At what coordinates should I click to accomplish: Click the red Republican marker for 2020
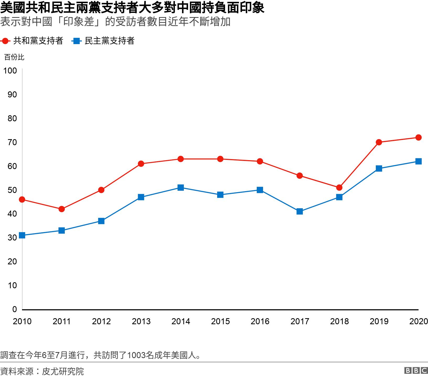coord(418,138)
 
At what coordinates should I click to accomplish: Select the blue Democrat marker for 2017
coord(299,211)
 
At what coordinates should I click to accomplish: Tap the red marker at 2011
coord(62,209)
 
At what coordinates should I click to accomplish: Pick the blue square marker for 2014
coord(180,187)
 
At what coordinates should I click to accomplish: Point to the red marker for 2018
coord(339,187)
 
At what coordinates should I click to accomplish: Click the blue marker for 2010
coord(22,235)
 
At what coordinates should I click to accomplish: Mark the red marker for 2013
coord(141,164)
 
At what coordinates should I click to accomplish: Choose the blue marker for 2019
coord(379,169)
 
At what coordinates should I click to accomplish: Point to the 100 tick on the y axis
coord(10,71)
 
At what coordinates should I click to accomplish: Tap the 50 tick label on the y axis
coord(12,190)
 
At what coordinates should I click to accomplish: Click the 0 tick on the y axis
coord(14,309)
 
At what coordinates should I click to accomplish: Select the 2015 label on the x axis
coord(220,321)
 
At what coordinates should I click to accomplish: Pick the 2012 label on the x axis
coord(101,321)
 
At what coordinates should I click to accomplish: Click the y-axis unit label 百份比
coord(14,57)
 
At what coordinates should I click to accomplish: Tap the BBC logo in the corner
coord(416,370)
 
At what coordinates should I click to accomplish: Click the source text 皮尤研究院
coord(63,371)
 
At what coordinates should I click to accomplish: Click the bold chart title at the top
coord(132,8)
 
